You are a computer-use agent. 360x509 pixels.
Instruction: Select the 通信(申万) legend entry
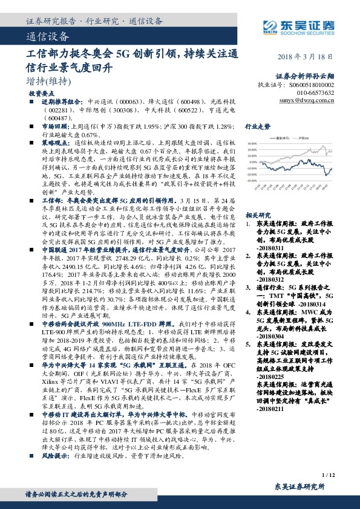pyautogui.click(x=283, y=138)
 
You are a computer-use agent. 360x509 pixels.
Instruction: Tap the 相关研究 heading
pyautogui.click(x=257, y=215)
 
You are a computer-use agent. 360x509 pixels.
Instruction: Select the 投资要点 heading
pyautogui.click(x=41, y=94)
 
